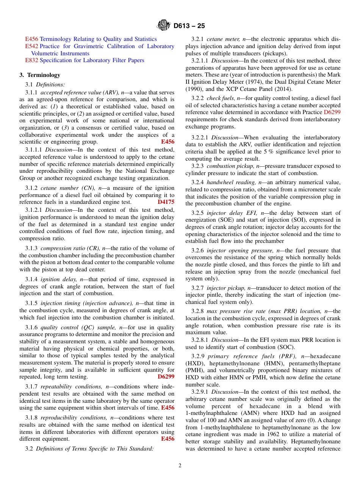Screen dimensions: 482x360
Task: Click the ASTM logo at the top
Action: pyautogui.click(x=163, y=26)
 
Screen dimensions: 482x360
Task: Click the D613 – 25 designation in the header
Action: pyautogui.click(x=189, y=26)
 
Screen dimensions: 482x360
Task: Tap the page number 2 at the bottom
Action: pyautogui.click(x=180, y=466)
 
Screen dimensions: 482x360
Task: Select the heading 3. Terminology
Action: pyautogui.click(x=40, y=75)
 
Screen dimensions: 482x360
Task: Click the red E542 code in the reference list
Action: pyautogui.click(x=31, y=46)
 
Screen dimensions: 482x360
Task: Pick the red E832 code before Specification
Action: pyautogui.click(x=31, y=60)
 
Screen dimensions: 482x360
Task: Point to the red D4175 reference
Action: pyautogui.click(x=166, y=202)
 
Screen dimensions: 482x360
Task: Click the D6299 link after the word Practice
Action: pyautogui.click(x=332, y=113)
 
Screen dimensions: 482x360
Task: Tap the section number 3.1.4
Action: pyautogui.click(x=31, y=279)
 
